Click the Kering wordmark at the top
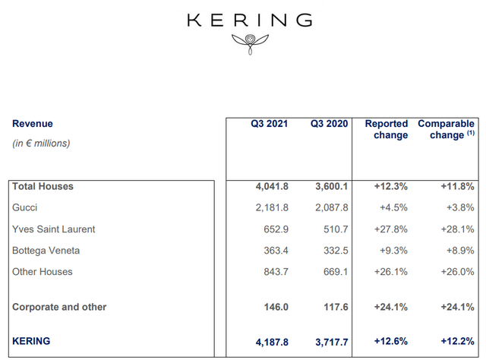[x=249, y=20]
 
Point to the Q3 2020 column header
[x=329, y=124]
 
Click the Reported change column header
[x=386, y=129]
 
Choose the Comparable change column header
[x=446, y=129]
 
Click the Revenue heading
[x=33, y=124]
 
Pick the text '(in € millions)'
[x=41, y=143]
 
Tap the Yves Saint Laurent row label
[x=53, y=229]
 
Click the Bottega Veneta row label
[x=45, y=250]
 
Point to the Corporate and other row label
[x=59, y=307]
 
